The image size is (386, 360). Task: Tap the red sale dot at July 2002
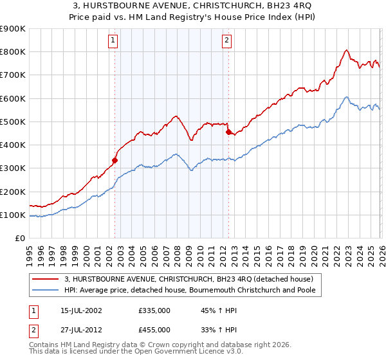115,160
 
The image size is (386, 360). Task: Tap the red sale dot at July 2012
228,132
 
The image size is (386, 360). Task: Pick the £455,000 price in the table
154,330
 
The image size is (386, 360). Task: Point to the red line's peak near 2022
346,50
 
